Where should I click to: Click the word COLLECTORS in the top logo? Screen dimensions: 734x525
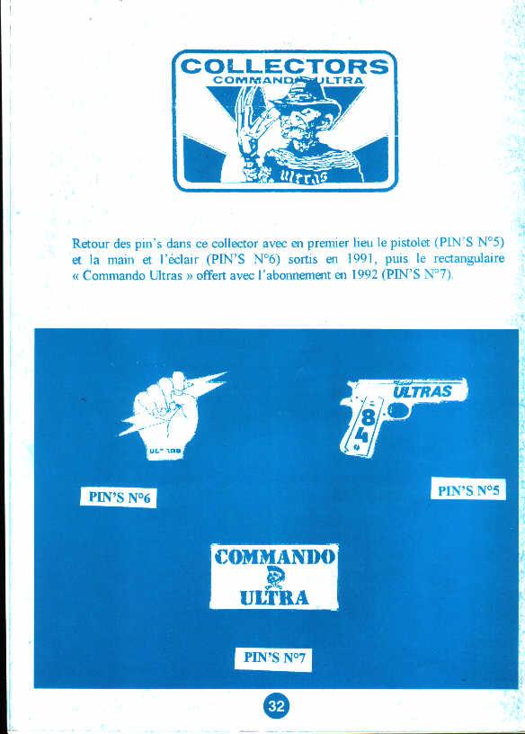[284, 66]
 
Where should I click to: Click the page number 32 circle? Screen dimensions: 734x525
[275, 707]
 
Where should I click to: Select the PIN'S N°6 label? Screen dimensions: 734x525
[118, 497]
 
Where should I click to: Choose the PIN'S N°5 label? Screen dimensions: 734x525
[469, 490]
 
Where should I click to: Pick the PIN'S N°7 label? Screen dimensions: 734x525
[273, 658]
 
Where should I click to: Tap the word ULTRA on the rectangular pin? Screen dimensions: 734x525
[273, 596]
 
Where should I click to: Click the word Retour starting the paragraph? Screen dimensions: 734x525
[91, 243]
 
